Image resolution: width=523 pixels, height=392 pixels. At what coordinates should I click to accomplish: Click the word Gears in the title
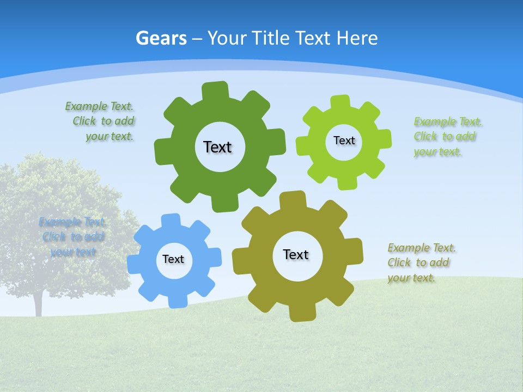pyautogui.click(x=161, y=38)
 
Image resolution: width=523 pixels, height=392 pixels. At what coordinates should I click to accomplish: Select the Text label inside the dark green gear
pyautogui.click(x=217, y=147)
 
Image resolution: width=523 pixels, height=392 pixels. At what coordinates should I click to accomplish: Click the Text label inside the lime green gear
pyautogui.click(x=344, y=140)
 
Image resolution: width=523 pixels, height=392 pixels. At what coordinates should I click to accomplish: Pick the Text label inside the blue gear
pyautogui.click(x=173, y=259)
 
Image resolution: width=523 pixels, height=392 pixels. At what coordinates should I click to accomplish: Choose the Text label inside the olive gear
pyautogui.click(x=296, y=254)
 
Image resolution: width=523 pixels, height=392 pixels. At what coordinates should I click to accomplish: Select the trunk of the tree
pyautogui.click(x=38, y=302)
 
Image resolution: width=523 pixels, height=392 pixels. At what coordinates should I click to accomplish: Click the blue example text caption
pyautogui.click(x=72, y=237)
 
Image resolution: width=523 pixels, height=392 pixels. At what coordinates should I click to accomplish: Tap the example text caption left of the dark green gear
pyautogui.click(x=100, y=121)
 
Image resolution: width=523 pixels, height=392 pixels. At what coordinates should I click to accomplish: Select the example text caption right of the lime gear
pyautogui.click(x=447, y=137)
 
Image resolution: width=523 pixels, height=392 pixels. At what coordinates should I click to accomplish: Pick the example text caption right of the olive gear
pyautogui.click(x=421, y=263)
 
